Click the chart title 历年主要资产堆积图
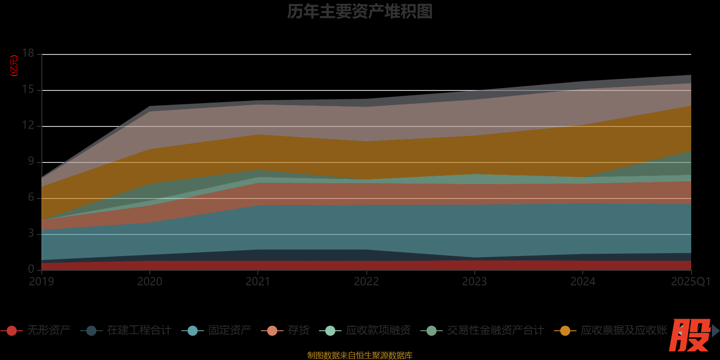pyautogui.click(x=360, y=12)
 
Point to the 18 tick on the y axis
pyautogui.click(x=28, y=54)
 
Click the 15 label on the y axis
pyautogui.click(x=28, y=90)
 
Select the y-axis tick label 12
pyautogui.click(x=28, y=126)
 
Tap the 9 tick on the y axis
pyautogui.click(x=31, y=162)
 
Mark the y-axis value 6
pyautogui.click(x=31, y=198)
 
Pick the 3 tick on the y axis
pyautogui.click(x=31, y=234)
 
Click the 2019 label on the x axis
pyautogui.click(x=41, y=282)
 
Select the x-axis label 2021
pyautogui.click(x=258, y=282)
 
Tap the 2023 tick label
pyautogui.click(x=474, y=282)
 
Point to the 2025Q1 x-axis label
pyautogui.click(x=690, y=282)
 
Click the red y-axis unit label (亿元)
pyautogui.click(x=14, y=66)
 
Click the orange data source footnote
pyautogui.click(x=360, y=355)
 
